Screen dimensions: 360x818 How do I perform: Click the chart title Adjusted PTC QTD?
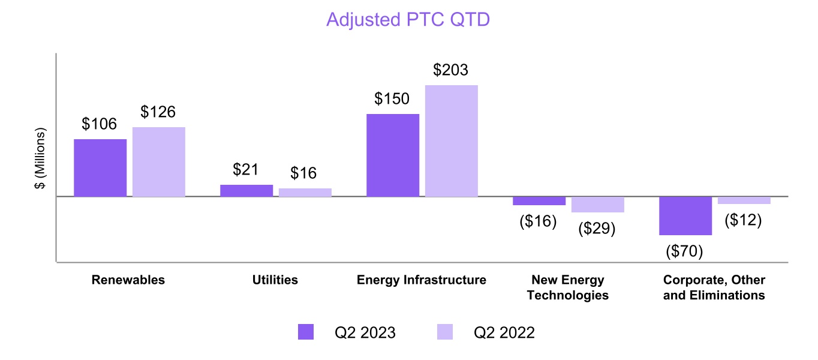click(x=408, y=19)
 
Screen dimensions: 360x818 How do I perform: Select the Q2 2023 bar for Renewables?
click(x=100, y=167)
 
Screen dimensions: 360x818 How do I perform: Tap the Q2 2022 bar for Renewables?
click(x=159, y=161)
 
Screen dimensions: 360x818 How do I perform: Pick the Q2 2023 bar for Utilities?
click(x=246, y=190)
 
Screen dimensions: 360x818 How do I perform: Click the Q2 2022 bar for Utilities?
click(x=305, y=192)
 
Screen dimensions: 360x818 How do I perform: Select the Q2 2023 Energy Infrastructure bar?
click(x=393, y=155)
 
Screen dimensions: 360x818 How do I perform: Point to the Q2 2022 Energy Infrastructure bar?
click(x=452, y=140)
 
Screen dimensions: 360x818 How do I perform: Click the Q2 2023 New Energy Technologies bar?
click(x=539, y=201)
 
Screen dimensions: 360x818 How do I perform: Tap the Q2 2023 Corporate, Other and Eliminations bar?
click(x=685, y=215)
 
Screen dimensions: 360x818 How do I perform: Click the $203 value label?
click(x=451, y=70)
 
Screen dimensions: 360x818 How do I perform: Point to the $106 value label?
click(x=100, y=124)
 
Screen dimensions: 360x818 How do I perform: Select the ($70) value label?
click(x=684, y=251)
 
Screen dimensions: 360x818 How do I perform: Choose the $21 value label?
click(x=246, y=170)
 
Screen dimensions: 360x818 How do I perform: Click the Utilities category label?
click(x=275, y=280)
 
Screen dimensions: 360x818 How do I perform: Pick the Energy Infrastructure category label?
click(x=422, y=280)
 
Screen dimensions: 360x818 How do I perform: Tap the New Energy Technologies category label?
click(x=568, y=287)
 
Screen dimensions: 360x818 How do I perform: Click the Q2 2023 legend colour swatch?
click(x=306, y=332)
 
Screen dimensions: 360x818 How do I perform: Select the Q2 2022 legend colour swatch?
click(x=444, y=332)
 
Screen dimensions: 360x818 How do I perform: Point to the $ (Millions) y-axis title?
click(x=41, y=158)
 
